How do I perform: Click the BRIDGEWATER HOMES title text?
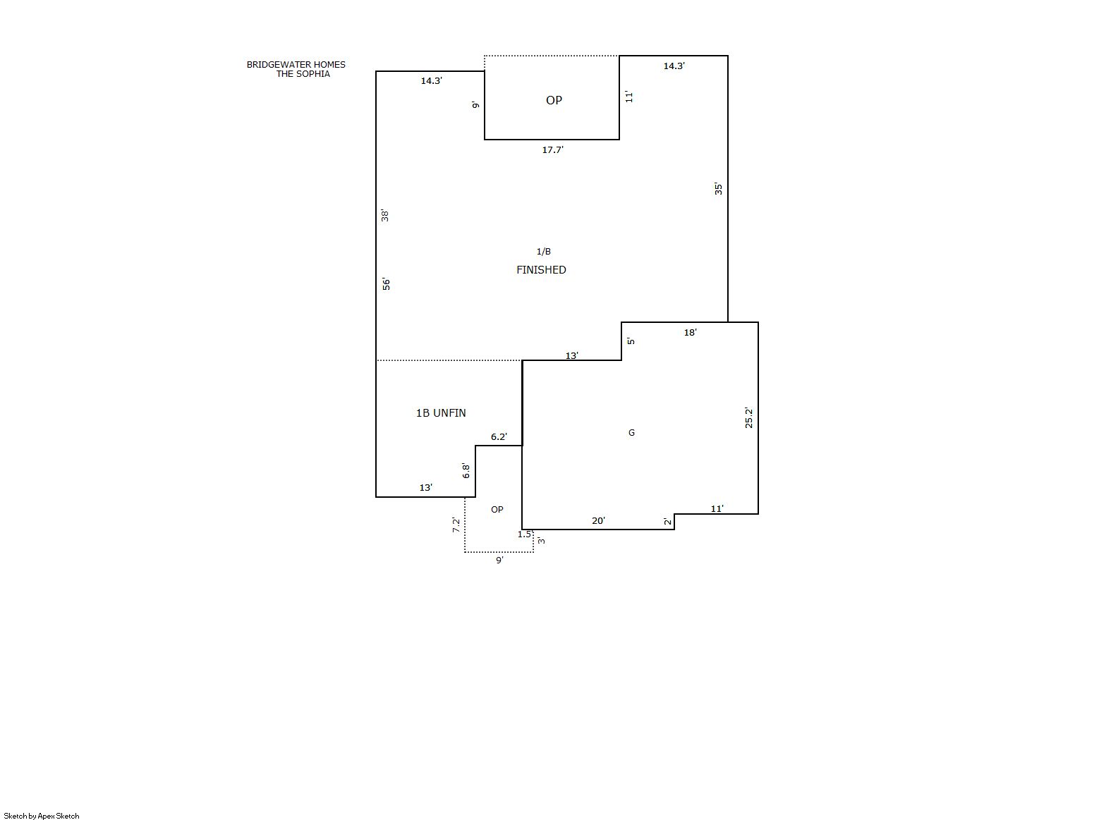[x=296, y=64]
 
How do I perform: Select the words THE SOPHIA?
[x=303, y=74]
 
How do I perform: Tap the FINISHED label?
[x=541, y=270]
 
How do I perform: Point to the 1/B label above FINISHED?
[x=544, y=252]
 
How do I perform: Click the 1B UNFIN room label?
[x=441, y=413]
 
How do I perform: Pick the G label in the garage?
[x=631, y=432]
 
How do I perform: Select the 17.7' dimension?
[x=553, y=149]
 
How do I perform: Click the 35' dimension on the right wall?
[x=718, y=189]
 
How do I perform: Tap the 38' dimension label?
[x=385, y=216]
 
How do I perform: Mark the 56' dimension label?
[x=386, y=284]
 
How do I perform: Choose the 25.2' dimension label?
[x=748, y=418]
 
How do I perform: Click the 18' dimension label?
[x=691, y=333]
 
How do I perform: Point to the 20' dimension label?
[x=598, y=521]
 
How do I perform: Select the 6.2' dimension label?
[x=499, y=437]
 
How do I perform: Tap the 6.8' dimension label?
[x=466, y=470]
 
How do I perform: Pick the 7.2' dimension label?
[x=456, y=525]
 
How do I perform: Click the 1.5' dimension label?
[x=525, y=534]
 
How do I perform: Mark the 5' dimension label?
[x=631, y=341]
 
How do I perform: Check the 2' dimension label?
[x=667, y=521]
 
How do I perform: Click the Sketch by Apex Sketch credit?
[x=42, y=816]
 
